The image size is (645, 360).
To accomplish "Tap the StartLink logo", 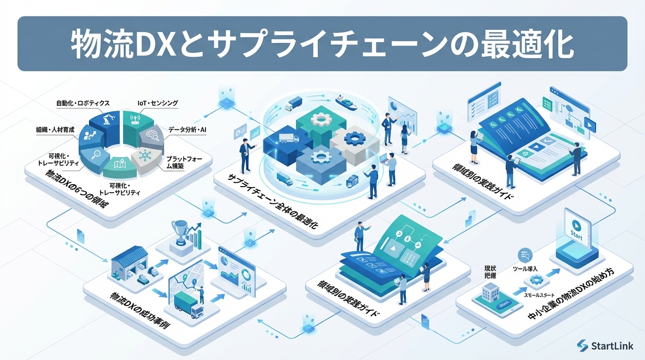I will click(605, 346).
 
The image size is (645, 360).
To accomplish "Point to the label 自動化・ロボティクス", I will click(83, 103).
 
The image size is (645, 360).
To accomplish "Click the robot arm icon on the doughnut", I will click(108, 120).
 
